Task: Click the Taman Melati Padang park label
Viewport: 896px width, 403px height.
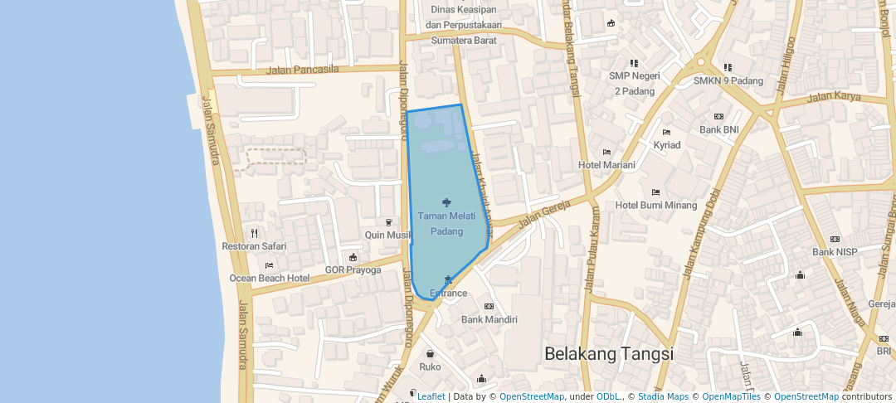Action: point(446,223)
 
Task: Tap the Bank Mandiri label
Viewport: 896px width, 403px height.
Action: point(489,319)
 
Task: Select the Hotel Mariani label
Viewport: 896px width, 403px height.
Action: point(606,165)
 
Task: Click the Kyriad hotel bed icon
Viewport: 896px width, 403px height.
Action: point(666,132)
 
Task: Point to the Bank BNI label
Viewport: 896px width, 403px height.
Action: point(718,129)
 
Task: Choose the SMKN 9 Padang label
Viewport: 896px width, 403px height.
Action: point(728,80)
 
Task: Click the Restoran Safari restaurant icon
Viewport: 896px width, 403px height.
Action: point(254,233)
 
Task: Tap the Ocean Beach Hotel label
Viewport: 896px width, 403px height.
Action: point(270,278)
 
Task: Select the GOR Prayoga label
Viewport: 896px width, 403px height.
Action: point(353,269)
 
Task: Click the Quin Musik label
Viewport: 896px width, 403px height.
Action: point(388,235)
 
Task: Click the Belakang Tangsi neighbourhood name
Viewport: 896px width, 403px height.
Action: point(609,354)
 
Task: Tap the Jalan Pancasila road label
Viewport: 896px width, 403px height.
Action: point(303,70)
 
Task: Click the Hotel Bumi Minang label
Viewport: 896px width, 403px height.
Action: point(656,205)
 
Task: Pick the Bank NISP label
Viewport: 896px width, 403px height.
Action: point(835,251)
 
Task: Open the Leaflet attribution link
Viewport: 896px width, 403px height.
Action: point(431,396)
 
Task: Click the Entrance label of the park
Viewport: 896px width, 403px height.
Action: point(449,293)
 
